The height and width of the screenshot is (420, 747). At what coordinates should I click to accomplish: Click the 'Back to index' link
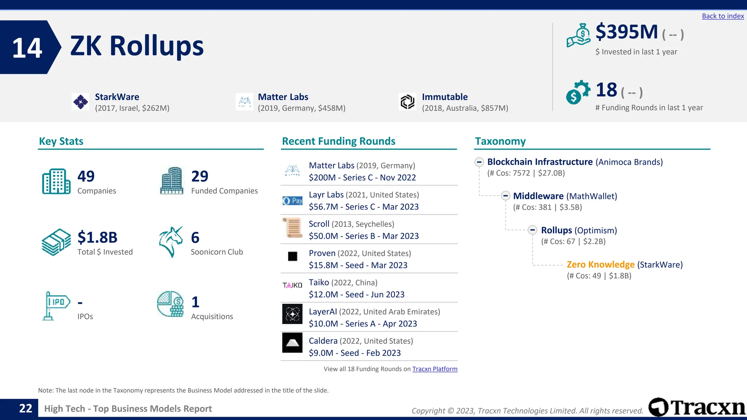723,16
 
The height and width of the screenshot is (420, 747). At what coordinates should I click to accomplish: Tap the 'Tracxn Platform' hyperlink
435,369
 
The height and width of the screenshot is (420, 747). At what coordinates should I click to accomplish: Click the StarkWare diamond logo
81,102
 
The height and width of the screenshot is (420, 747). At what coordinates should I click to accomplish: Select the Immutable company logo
407,102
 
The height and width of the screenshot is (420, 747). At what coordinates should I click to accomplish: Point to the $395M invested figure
627,32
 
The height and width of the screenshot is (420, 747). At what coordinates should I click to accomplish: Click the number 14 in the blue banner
27,48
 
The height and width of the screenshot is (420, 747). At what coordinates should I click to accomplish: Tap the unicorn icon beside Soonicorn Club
171,242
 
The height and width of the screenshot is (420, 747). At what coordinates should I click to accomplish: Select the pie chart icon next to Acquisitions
170,304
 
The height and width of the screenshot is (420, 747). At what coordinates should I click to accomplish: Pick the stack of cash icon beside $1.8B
56,242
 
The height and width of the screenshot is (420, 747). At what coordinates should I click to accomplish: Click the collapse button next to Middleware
506,196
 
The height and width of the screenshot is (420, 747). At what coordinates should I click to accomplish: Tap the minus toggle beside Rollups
533,230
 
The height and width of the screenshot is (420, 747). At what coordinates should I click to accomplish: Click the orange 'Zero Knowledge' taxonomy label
600,265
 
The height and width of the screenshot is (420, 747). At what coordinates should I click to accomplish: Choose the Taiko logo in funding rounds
292,285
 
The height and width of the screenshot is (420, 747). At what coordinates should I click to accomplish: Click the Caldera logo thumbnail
292,343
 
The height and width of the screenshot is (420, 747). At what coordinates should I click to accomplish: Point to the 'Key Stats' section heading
61,141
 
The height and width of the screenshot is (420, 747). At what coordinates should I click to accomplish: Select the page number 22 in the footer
26,408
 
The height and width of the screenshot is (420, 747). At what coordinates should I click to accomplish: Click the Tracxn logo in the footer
697,407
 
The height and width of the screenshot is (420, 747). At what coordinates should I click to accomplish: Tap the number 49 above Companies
86,176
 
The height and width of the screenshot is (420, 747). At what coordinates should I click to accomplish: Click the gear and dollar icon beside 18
578,92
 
